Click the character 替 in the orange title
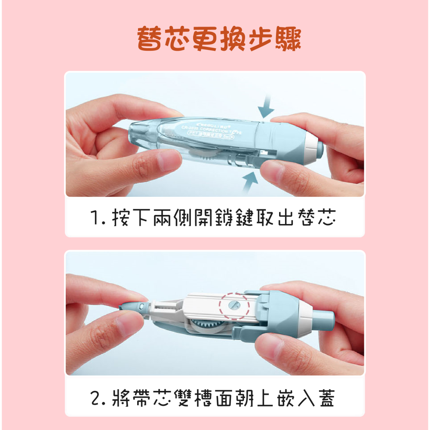click(150, 39)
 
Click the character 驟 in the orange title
click(288, 39)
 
